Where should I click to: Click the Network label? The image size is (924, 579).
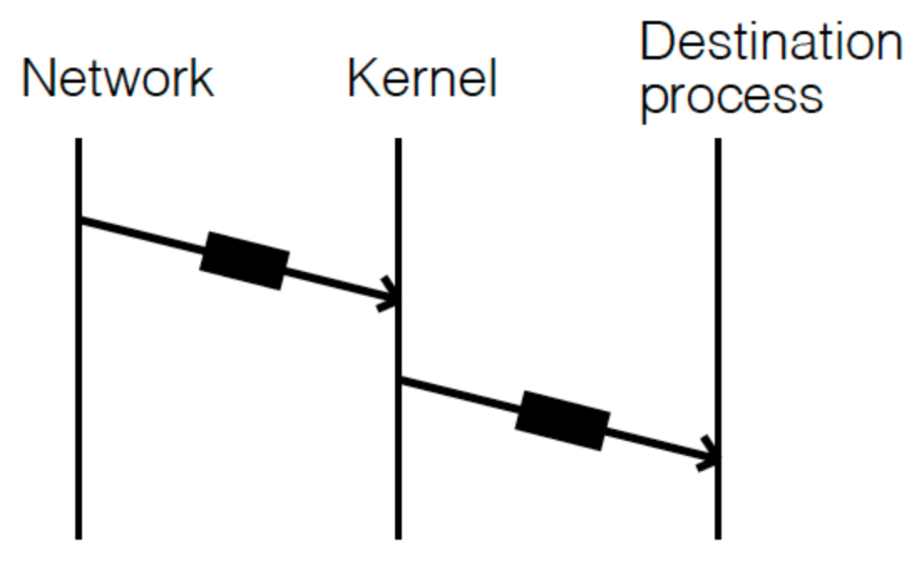pos(117,79)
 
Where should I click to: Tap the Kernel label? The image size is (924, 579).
pos(422,79)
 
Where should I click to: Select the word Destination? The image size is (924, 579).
pos(770,42)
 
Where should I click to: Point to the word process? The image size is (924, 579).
pos(731,97)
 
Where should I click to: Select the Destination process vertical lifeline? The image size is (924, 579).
pos(717,293)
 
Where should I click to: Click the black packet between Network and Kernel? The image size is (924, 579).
pos(244,261)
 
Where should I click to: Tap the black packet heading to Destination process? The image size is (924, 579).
pos(562,419)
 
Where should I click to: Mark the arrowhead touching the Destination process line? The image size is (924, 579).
pos(710,457)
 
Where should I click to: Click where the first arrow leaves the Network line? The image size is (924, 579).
pos(81,220)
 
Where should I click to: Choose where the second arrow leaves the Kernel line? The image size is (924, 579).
pos(401,380)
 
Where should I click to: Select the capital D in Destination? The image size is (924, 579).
pos(658,42)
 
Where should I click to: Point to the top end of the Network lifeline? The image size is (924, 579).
pos(79,141)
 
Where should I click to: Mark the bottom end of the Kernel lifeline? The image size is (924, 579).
pos(398,536)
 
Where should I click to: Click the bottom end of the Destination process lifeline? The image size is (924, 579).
pos(717,536)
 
